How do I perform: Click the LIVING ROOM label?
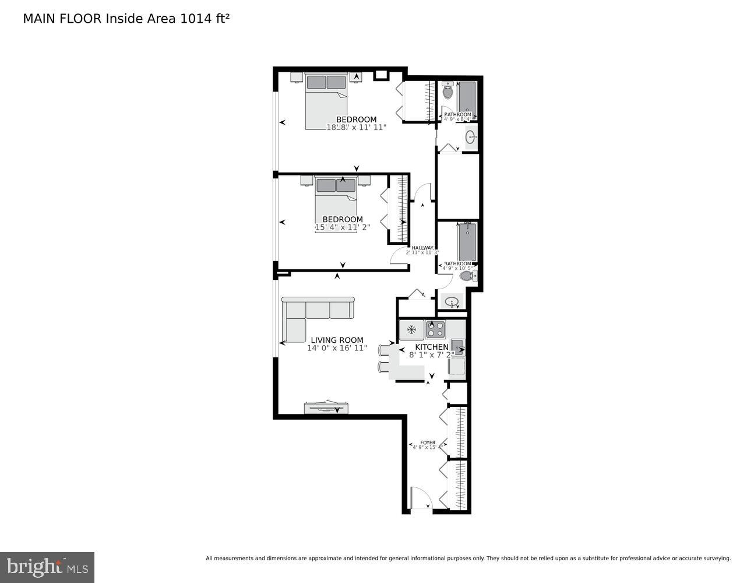point(337,340)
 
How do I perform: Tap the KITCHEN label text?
point(431,347)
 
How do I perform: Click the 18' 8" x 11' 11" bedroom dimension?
point(356,127)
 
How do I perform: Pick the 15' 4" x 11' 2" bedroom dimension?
point(342,227)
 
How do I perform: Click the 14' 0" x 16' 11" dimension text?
point(337,348)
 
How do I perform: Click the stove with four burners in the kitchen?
point(435,330)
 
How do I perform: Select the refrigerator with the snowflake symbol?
point(411,330)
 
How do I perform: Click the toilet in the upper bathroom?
point(448,92)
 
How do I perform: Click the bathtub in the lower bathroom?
point(467,241)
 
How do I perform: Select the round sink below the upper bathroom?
point(470,138)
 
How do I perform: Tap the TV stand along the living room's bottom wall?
point(326,408)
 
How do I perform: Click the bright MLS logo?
point(47,567)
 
